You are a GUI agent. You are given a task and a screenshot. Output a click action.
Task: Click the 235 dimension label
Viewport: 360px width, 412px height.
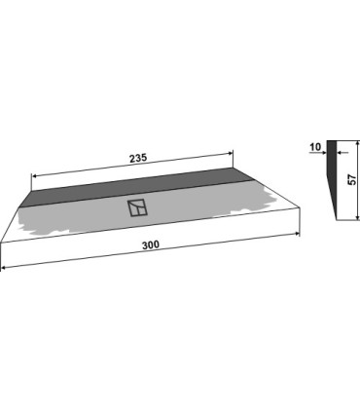pyautogui.click(x=138, y=158)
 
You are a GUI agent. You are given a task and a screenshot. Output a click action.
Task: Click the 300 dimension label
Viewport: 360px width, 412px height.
pyautogui.click(x=151, y=244)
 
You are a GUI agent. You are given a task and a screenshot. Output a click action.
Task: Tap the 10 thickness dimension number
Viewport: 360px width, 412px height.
pyautogui.click(x=315, y=147)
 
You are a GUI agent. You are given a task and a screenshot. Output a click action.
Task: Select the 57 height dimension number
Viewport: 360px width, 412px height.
pyautogui.click(x=352, y=179)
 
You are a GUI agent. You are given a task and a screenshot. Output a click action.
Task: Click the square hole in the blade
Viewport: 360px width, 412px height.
pyautogui.click(x=137, y=207)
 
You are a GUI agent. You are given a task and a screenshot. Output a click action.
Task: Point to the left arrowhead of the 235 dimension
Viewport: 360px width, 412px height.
pyautogui.click(x=34, y=176)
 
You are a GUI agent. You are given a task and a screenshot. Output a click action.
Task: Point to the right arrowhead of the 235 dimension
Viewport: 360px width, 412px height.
pyautogui.click(x=231, y=152)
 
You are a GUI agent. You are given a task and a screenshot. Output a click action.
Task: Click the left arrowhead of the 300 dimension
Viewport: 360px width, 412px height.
pyautogui.click(x=3, y=268)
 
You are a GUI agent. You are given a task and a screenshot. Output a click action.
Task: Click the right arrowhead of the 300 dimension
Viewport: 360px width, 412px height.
pyautogui.click(x=297, y=234)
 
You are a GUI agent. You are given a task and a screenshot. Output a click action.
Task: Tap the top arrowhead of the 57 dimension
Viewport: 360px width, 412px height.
pyautogui.click(x=358, y=143)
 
